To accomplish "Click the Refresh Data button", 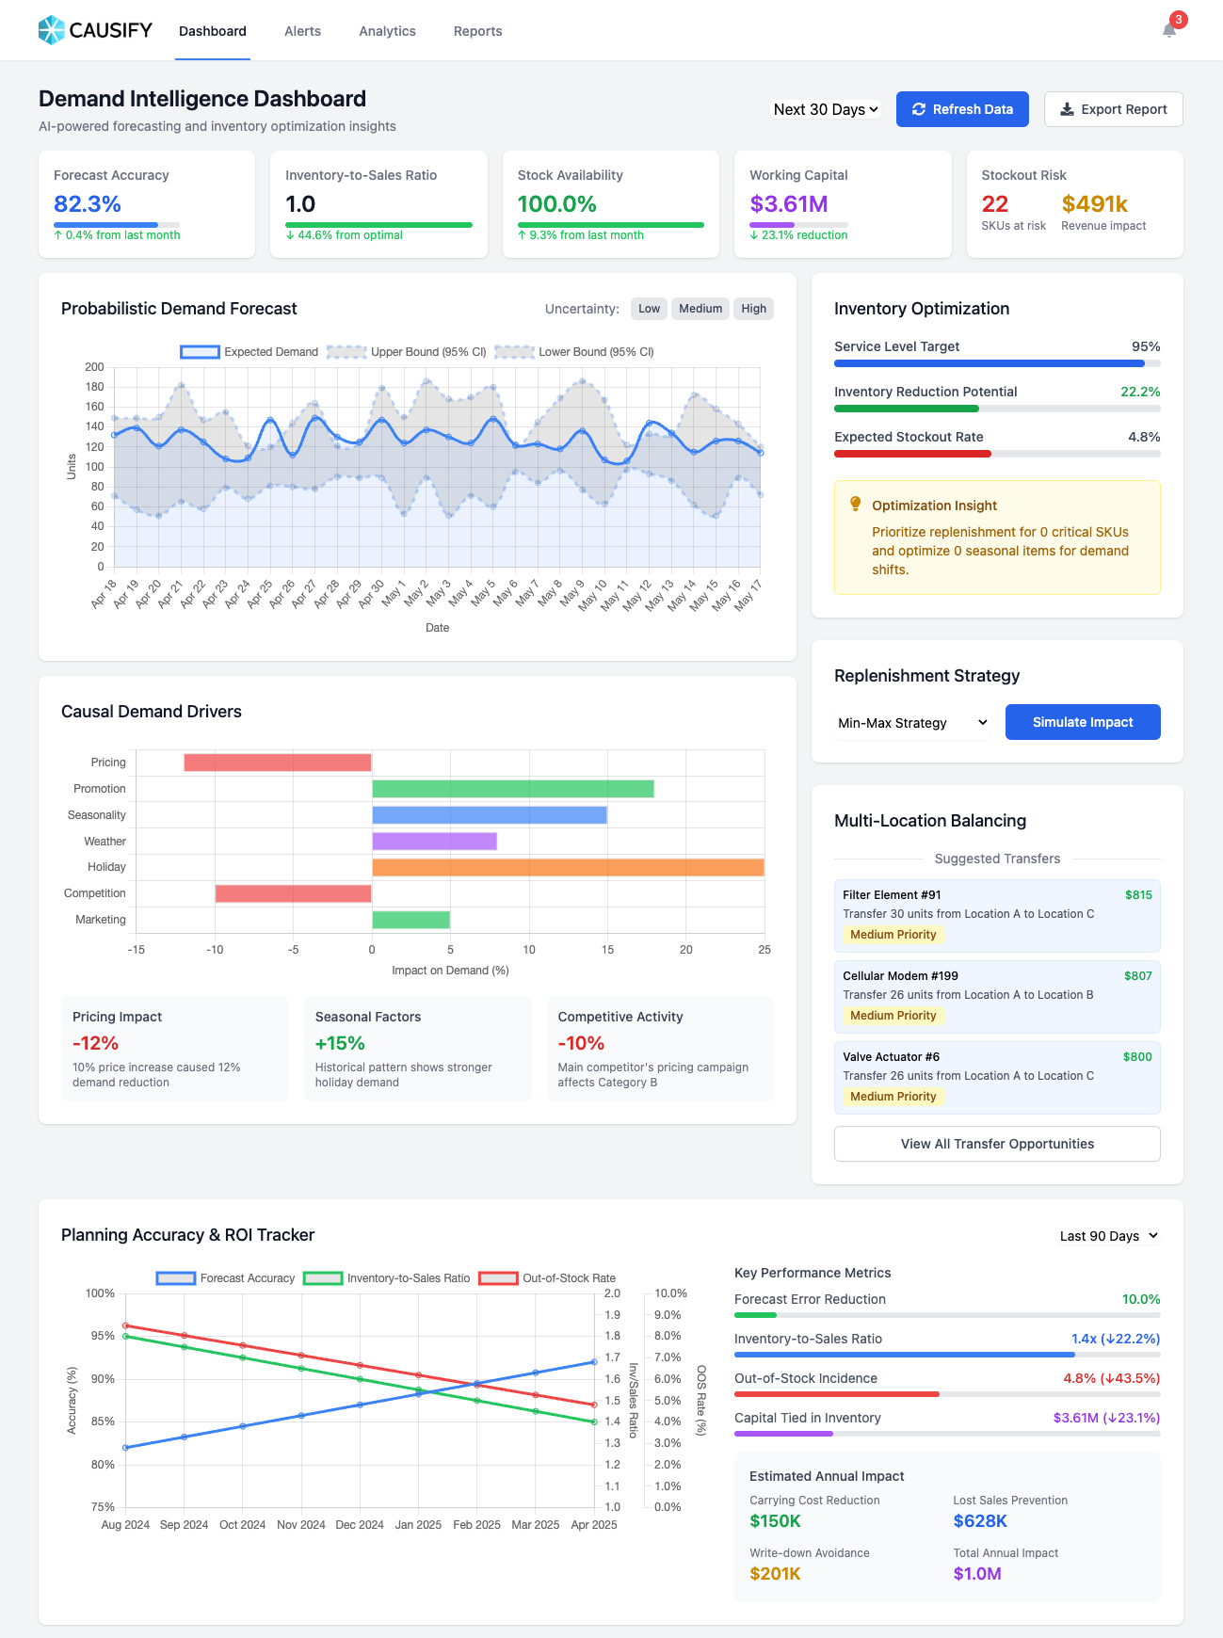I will pos(962,109).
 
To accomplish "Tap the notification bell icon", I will pos(1169,30).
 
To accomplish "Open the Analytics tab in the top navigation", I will pos(387,31).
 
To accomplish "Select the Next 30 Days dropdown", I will pos(826,109).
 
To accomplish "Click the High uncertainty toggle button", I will pos(753,309).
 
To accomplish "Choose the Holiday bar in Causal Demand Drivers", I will pos(568,867).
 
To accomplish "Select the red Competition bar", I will pos(293,893).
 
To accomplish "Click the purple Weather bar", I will pos(434,841).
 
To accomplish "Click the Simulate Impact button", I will pos(1083,722).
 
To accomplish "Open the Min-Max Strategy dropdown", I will pos(911,723).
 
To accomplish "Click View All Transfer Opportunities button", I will pos(997,1144).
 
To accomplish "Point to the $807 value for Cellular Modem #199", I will pos(1137,976).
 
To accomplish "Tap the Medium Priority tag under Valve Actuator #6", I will pos(893,1097).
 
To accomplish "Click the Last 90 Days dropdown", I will pos(1108,1236).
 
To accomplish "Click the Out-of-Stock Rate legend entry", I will pos(547,1278).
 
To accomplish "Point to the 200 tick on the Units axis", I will pos(94,367).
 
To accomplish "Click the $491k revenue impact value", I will pos(1094,204).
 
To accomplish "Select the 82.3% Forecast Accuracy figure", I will pos(88,204).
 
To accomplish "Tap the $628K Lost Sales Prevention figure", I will pos(980,1521).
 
